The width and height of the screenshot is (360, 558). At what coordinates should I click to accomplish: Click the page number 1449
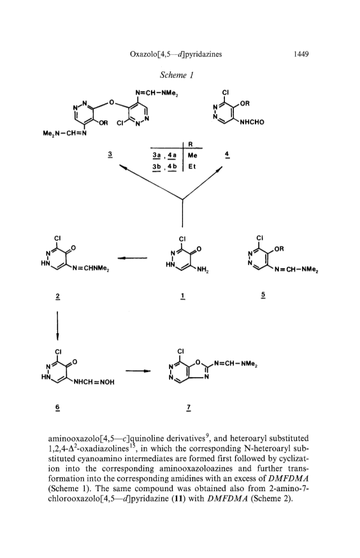[301, 54]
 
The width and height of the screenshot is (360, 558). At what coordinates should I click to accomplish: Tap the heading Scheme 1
[176, 75]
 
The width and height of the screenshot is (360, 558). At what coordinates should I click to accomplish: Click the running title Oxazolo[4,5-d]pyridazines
[176, 54]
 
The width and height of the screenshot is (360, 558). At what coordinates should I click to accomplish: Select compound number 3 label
[110, 154]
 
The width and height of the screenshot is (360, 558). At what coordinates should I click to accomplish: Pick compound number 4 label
[226, 154]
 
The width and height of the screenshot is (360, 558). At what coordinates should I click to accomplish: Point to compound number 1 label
[182, 296]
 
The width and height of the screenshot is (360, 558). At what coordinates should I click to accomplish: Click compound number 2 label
[58, 296]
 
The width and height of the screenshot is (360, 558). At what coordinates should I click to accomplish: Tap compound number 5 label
[263, 295]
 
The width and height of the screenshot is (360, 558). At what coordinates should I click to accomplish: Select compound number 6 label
[58, 406]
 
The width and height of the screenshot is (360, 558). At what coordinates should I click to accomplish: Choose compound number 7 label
[189, 406]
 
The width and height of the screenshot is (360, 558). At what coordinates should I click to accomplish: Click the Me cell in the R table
[192, 155]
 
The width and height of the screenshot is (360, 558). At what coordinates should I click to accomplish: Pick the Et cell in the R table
[192, 166]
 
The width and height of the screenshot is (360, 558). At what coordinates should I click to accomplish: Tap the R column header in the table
[190, 145]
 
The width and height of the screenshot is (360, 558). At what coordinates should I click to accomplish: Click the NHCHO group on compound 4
[252, 122]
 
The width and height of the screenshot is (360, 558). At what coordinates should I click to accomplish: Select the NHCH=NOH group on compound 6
[94, 382]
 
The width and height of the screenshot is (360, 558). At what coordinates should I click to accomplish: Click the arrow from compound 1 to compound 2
[133, 258]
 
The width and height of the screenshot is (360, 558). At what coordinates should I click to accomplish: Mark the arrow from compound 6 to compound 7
[138, 371]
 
